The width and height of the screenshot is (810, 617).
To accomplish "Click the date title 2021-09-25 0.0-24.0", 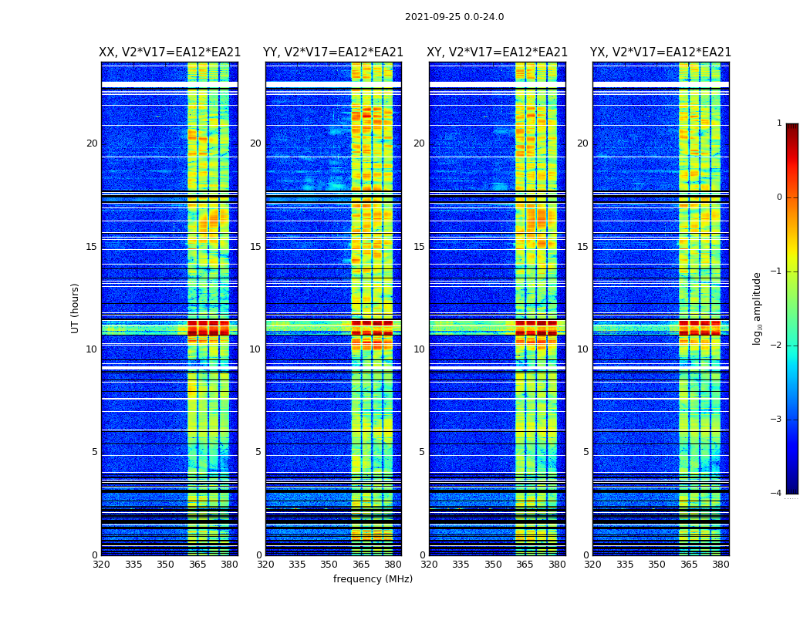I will coord(454,17).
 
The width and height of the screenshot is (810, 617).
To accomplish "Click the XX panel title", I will coord(170,52).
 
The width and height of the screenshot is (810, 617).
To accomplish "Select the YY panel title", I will coord(333,52).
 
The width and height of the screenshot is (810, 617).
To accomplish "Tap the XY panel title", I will coord(498,52).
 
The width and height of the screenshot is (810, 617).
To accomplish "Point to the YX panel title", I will coord(660,52).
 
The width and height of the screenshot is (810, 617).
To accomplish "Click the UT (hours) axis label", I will coord(76,308).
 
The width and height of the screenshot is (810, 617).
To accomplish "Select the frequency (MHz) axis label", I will coord(373,579).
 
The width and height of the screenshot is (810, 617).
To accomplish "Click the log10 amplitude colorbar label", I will coord(758,308).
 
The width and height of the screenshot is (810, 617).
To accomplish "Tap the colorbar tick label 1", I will coord(778,123).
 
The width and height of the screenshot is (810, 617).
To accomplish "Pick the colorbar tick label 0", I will coord(778,197).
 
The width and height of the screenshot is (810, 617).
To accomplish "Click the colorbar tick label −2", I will coord(777,346).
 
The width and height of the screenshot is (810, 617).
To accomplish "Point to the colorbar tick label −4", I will coord(777,494).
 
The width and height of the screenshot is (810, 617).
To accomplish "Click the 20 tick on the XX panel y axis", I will coord(92,143).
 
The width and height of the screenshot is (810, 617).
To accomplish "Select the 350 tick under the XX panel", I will coord(165,565).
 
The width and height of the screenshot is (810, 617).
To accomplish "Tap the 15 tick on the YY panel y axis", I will coord(255,247).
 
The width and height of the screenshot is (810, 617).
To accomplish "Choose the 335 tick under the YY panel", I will coord(297,565).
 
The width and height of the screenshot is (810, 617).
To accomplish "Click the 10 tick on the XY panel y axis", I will coord(419,349).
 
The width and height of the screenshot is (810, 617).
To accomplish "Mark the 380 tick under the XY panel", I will coord(557,565).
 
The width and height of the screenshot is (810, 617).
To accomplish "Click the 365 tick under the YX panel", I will coord(688,565).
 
